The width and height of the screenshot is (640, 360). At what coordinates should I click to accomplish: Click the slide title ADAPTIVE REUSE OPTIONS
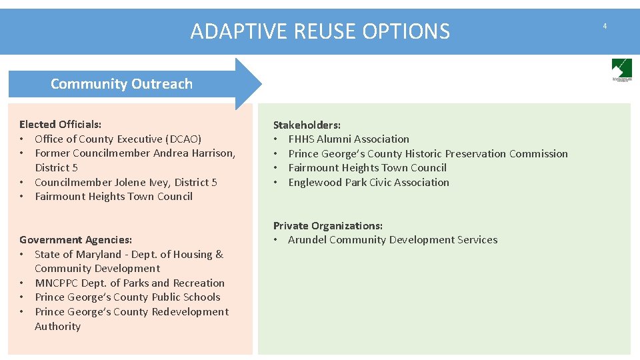tap(320, 31)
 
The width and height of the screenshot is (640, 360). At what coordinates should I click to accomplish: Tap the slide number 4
tap(605, 26)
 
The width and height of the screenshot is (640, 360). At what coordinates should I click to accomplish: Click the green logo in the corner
tap(621, 69)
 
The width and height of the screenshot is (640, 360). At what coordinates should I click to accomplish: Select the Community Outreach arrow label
tap(121, 84)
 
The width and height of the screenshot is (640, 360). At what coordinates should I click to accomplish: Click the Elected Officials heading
tap(61, 125)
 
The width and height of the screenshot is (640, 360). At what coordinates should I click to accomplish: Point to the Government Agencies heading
tap(75, 240)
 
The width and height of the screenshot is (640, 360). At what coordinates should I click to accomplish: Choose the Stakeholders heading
tap(307, 125)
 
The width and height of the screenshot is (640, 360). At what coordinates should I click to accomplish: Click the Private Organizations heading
tap(328, 226)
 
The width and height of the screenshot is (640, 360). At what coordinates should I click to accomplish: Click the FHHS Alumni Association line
tap(349, 139)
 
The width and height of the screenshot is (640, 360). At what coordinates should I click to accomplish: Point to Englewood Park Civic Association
tap(369, 183)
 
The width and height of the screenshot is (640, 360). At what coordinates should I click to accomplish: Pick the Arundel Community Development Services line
tap(393, 240)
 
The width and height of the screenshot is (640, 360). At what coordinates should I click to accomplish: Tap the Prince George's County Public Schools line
tap(127, 297)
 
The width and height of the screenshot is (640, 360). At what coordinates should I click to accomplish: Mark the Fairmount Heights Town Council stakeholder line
tap(367, 168)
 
